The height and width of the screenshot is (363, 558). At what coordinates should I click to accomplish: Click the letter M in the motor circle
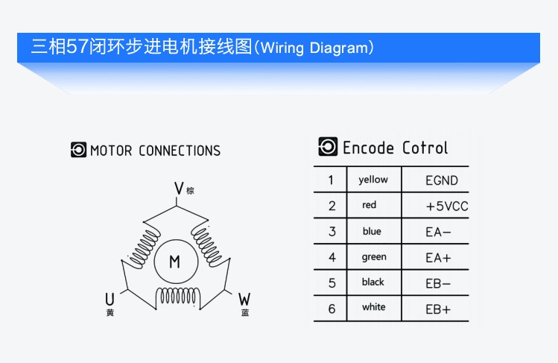coord(175,262)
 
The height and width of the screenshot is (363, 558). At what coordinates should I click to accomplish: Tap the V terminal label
coord(179,189)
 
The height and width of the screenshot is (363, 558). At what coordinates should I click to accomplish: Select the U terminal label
coord(110,299)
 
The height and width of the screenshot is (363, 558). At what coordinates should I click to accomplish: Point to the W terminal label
coord(244,300)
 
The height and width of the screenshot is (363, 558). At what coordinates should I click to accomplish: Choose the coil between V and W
coord(207,245)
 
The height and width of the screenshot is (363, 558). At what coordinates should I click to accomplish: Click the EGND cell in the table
coord(442,180)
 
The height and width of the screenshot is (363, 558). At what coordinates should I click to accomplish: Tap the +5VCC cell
coord(447,206)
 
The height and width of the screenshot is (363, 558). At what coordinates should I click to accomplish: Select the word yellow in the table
coord(373,180)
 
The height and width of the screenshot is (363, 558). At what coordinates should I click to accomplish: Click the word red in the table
coord(369,205)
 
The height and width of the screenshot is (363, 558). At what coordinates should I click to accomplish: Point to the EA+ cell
coord(438,257)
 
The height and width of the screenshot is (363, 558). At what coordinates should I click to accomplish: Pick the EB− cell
coord(438,283)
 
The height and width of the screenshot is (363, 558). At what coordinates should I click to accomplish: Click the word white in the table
coord(374,307)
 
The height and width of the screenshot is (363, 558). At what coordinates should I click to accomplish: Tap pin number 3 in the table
coord(332,232)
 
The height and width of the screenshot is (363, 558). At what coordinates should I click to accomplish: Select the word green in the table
coord(374,257)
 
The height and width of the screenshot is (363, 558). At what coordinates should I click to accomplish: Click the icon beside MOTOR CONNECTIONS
coord(78,150)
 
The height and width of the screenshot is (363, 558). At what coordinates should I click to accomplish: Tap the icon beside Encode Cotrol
coord(328,146)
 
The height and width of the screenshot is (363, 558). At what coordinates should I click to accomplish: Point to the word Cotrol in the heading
coord(425,148)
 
